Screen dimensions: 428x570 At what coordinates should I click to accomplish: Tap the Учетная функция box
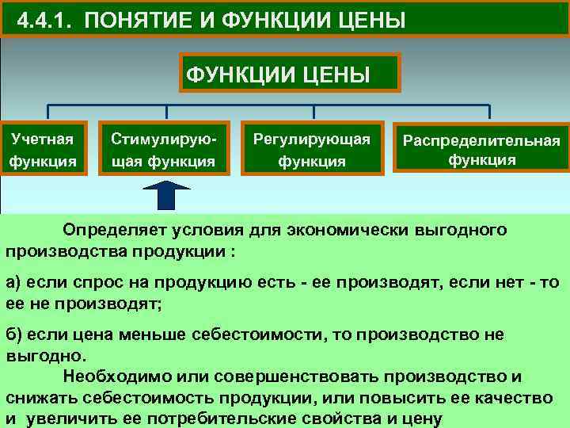pyautogui.click(x=43, y=149)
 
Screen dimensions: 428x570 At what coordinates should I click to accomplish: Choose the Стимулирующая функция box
pyautogui.click(x=163, y=149)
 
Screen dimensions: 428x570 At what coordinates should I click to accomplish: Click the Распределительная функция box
pyautogui.click(x=482, y=149)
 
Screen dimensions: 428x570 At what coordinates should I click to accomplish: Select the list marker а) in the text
pyautogui.click(x=15, y=284)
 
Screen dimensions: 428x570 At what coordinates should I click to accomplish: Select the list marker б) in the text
pyautogui.click(x=15, y=334)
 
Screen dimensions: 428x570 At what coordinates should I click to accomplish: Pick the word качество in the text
pyautogui.click(x=519, y=396)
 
